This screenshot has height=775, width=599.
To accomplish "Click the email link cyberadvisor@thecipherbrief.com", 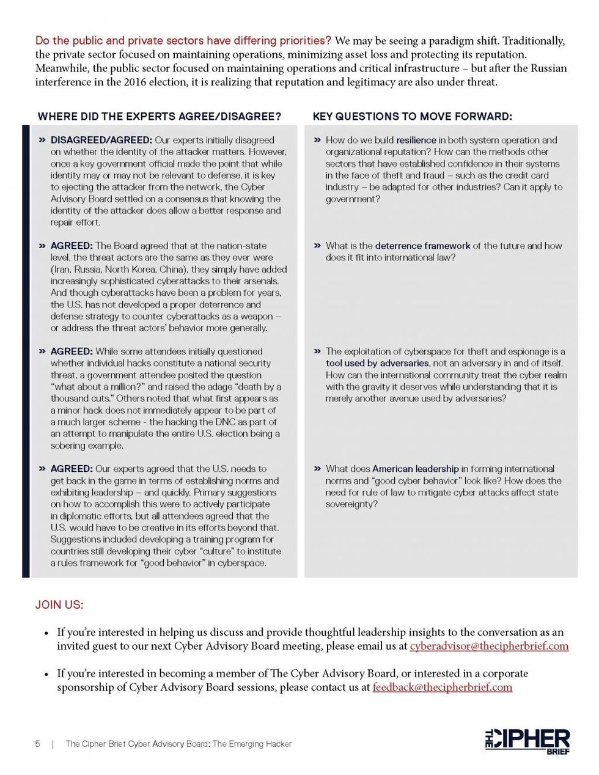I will point(489,646).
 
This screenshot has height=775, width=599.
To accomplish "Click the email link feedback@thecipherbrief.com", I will point(442,687).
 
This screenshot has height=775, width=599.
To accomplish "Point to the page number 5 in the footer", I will point(38,744).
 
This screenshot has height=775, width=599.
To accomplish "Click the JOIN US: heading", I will point(59,604).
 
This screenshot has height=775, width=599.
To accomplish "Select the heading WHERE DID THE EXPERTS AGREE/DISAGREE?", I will point(160,116).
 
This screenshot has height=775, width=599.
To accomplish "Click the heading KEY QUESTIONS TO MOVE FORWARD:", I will point(412,116).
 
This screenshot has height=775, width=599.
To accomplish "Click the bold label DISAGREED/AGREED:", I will point(101,140).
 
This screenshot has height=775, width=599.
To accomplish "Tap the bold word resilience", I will point(416,140).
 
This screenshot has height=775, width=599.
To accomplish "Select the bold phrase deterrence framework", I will point(422,246).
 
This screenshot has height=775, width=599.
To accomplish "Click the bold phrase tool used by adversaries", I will point(377,363).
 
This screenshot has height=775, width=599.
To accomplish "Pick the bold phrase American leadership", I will point(415,469).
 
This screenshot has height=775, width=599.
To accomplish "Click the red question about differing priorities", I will point(183,41).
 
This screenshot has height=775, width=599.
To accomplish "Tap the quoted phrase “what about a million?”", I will point(100,387).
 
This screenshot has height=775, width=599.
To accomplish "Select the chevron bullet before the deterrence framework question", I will point(317,246).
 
